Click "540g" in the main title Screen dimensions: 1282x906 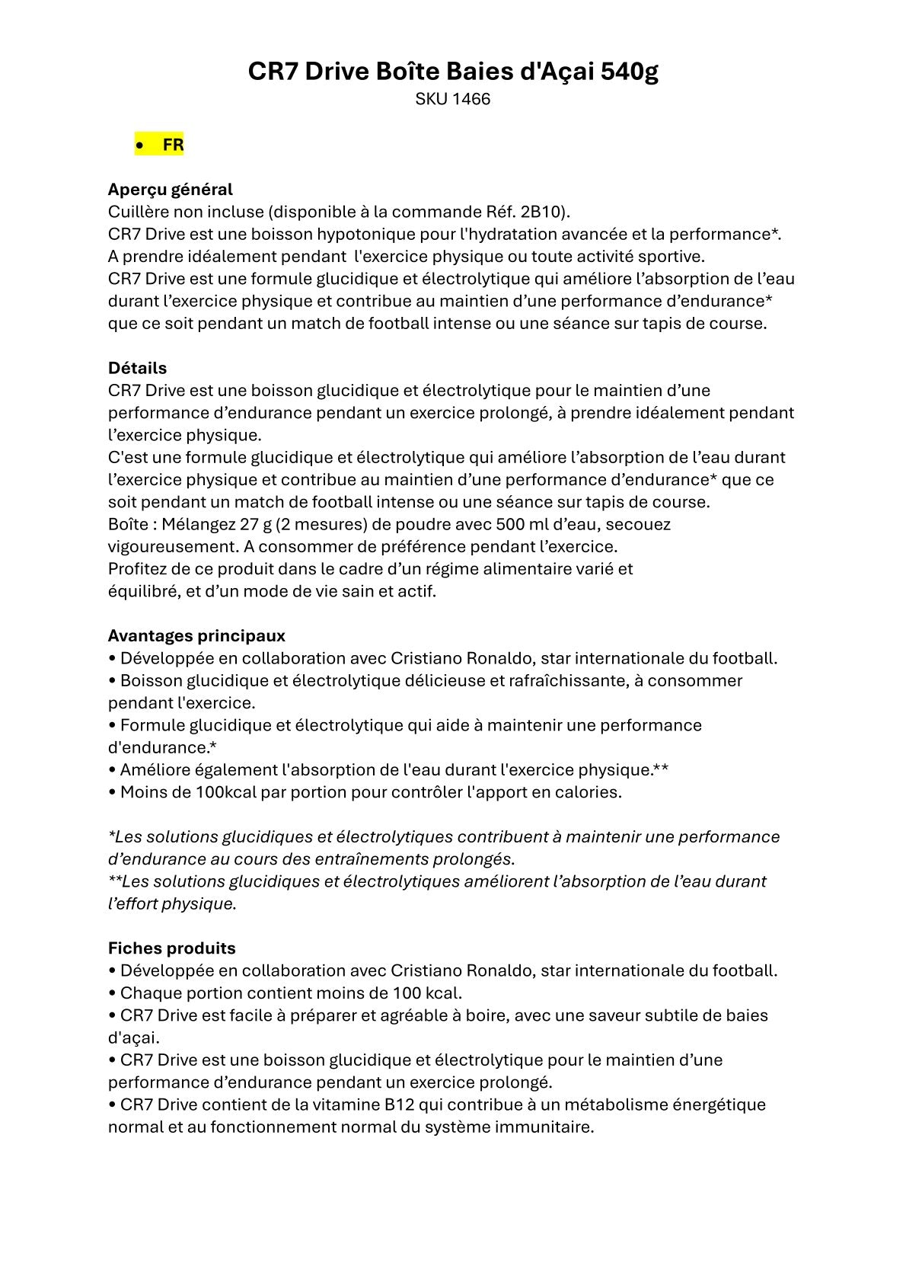[630, 72]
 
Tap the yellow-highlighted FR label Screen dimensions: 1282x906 [173, 145]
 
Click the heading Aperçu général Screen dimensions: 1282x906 [170, 189]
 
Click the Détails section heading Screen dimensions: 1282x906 [137, 368]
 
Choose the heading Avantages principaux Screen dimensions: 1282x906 [196, 635]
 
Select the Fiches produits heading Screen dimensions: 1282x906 [171, 948]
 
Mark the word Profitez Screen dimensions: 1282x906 [139, 569]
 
